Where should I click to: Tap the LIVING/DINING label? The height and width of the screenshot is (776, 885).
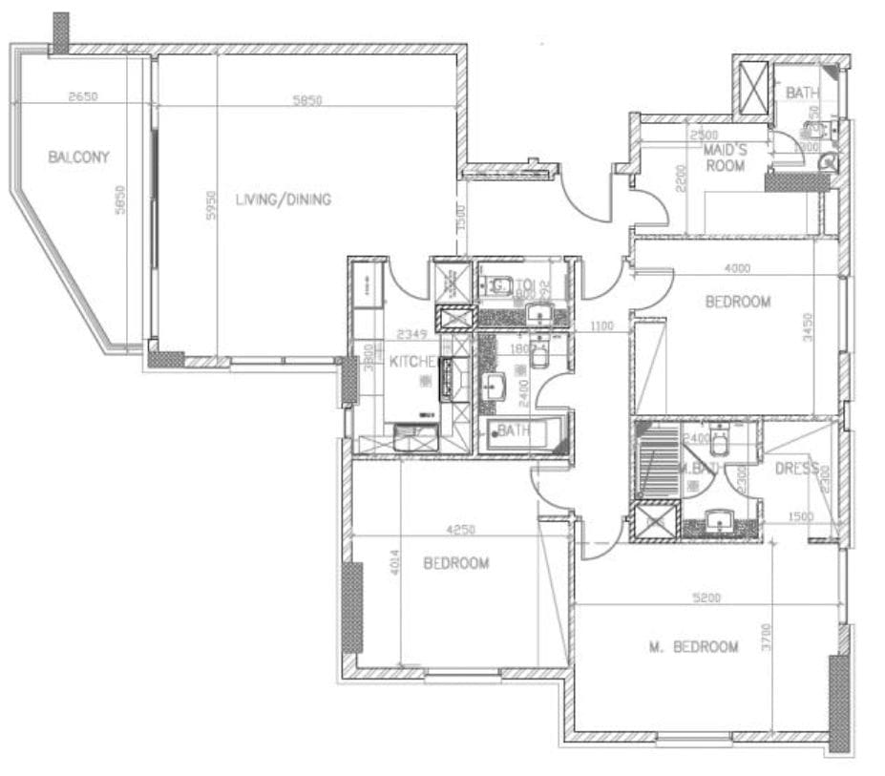(283, 199)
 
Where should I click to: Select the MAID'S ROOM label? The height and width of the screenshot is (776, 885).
(726, 158)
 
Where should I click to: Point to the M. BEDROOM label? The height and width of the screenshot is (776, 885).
(693, 647)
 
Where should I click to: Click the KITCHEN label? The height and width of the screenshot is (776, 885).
(413, 363)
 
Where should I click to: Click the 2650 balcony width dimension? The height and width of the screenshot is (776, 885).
(84, 97)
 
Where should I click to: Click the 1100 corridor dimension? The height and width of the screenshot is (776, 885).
(601, 327)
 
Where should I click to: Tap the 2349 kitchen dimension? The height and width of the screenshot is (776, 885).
(413, 334)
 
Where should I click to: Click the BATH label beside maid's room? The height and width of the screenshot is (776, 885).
(802, 93)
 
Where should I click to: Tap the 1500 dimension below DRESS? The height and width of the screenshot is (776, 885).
(800, 517)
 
